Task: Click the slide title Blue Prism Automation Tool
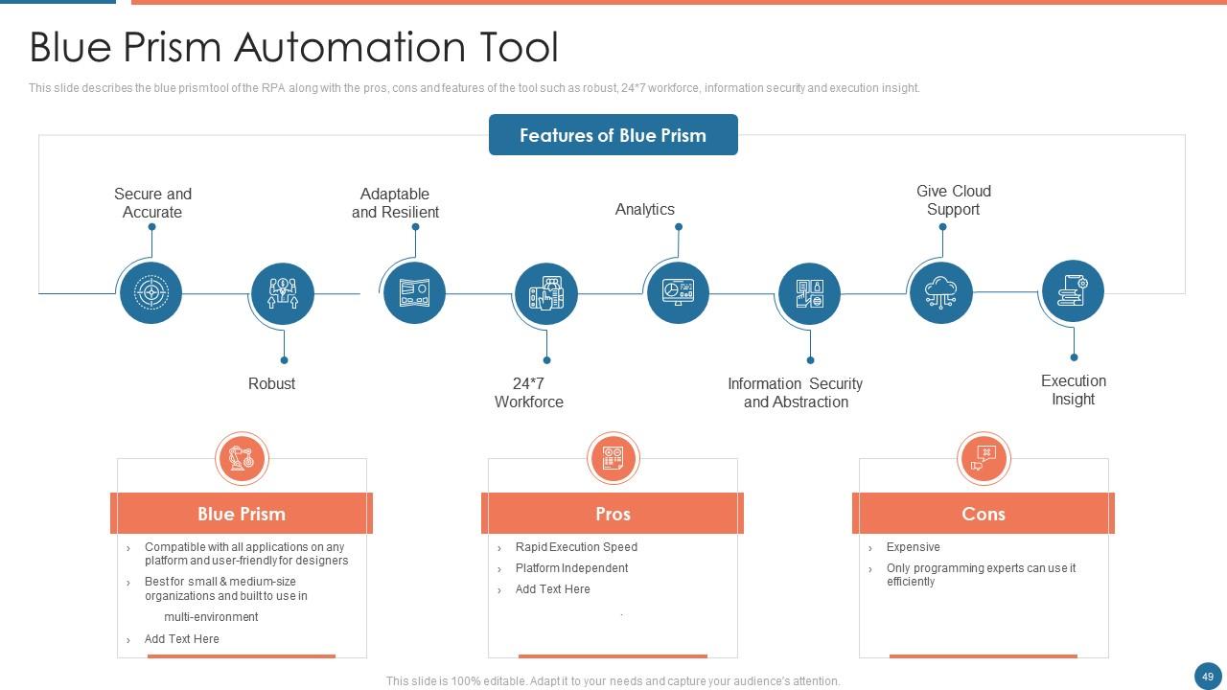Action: coord(293,47)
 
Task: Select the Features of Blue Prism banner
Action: coord(613,135)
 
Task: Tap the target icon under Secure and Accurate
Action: coord(150,292)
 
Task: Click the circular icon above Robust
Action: coord(282,293)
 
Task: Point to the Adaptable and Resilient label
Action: coord(395,203)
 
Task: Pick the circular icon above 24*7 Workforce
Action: coord(545,293)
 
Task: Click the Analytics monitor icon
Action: coord(678,292)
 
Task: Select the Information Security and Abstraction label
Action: coord(795,393)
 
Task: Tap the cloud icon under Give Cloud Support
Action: coord(940,292)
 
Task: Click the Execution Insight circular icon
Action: coord(1072,290)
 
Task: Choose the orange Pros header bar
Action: coord(613,514)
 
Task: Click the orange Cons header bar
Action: coord(983,514)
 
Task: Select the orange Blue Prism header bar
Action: coord(242,514)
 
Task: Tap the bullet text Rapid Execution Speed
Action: coord(576,547)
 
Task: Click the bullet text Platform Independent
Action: coord(571,568)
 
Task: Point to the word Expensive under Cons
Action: coord(913,547)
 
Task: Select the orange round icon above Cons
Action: coord(984,458)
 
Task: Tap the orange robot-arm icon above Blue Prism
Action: coord(242,458)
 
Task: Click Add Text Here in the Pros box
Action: coord(552,589)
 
